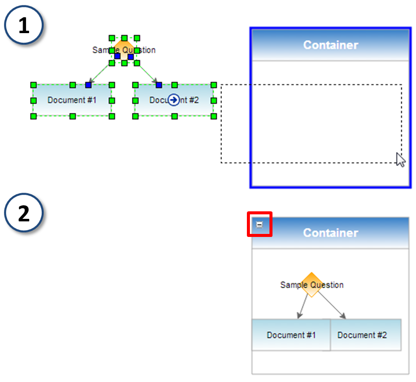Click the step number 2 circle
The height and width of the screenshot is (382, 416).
24,213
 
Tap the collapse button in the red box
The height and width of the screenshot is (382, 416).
259,225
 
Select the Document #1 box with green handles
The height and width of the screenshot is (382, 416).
72,100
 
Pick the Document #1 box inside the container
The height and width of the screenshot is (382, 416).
291,335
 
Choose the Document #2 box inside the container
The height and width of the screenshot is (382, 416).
365,335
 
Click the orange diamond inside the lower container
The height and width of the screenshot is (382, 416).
312,285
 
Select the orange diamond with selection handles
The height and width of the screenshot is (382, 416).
124,50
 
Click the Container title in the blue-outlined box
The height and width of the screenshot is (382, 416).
330,45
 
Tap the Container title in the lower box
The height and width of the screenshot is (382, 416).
330,233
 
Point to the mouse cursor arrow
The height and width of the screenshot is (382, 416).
400,159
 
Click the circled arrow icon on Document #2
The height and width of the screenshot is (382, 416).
173,100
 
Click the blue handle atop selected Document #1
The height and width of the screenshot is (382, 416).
88,85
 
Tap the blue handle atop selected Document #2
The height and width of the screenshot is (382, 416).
159,85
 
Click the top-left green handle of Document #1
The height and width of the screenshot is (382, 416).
34,85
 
